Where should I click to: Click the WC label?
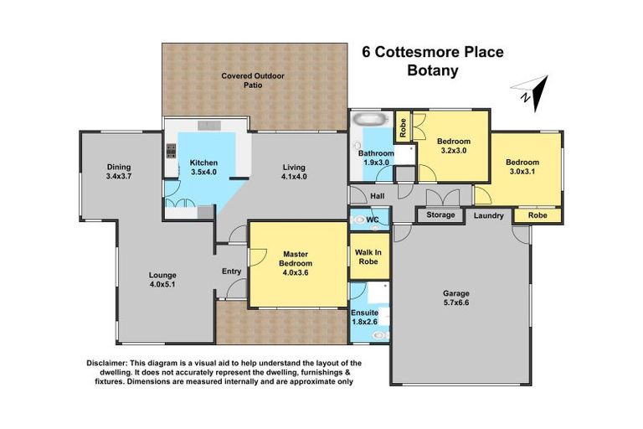pos(373,220)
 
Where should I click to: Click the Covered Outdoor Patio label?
pos(253,80)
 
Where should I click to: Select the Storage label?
pos(440,215)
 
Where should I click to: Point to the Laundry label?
pos(488,215)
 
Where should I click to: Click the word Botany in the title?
pos(432,70)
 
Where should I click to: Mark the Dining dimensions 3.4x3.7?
pos(119,177)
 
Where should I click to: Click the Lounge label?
pos(162,276)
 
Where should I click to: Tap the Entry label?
pos(231,271)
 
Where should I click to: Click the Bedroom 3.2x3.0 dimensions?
pos(453,152)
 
